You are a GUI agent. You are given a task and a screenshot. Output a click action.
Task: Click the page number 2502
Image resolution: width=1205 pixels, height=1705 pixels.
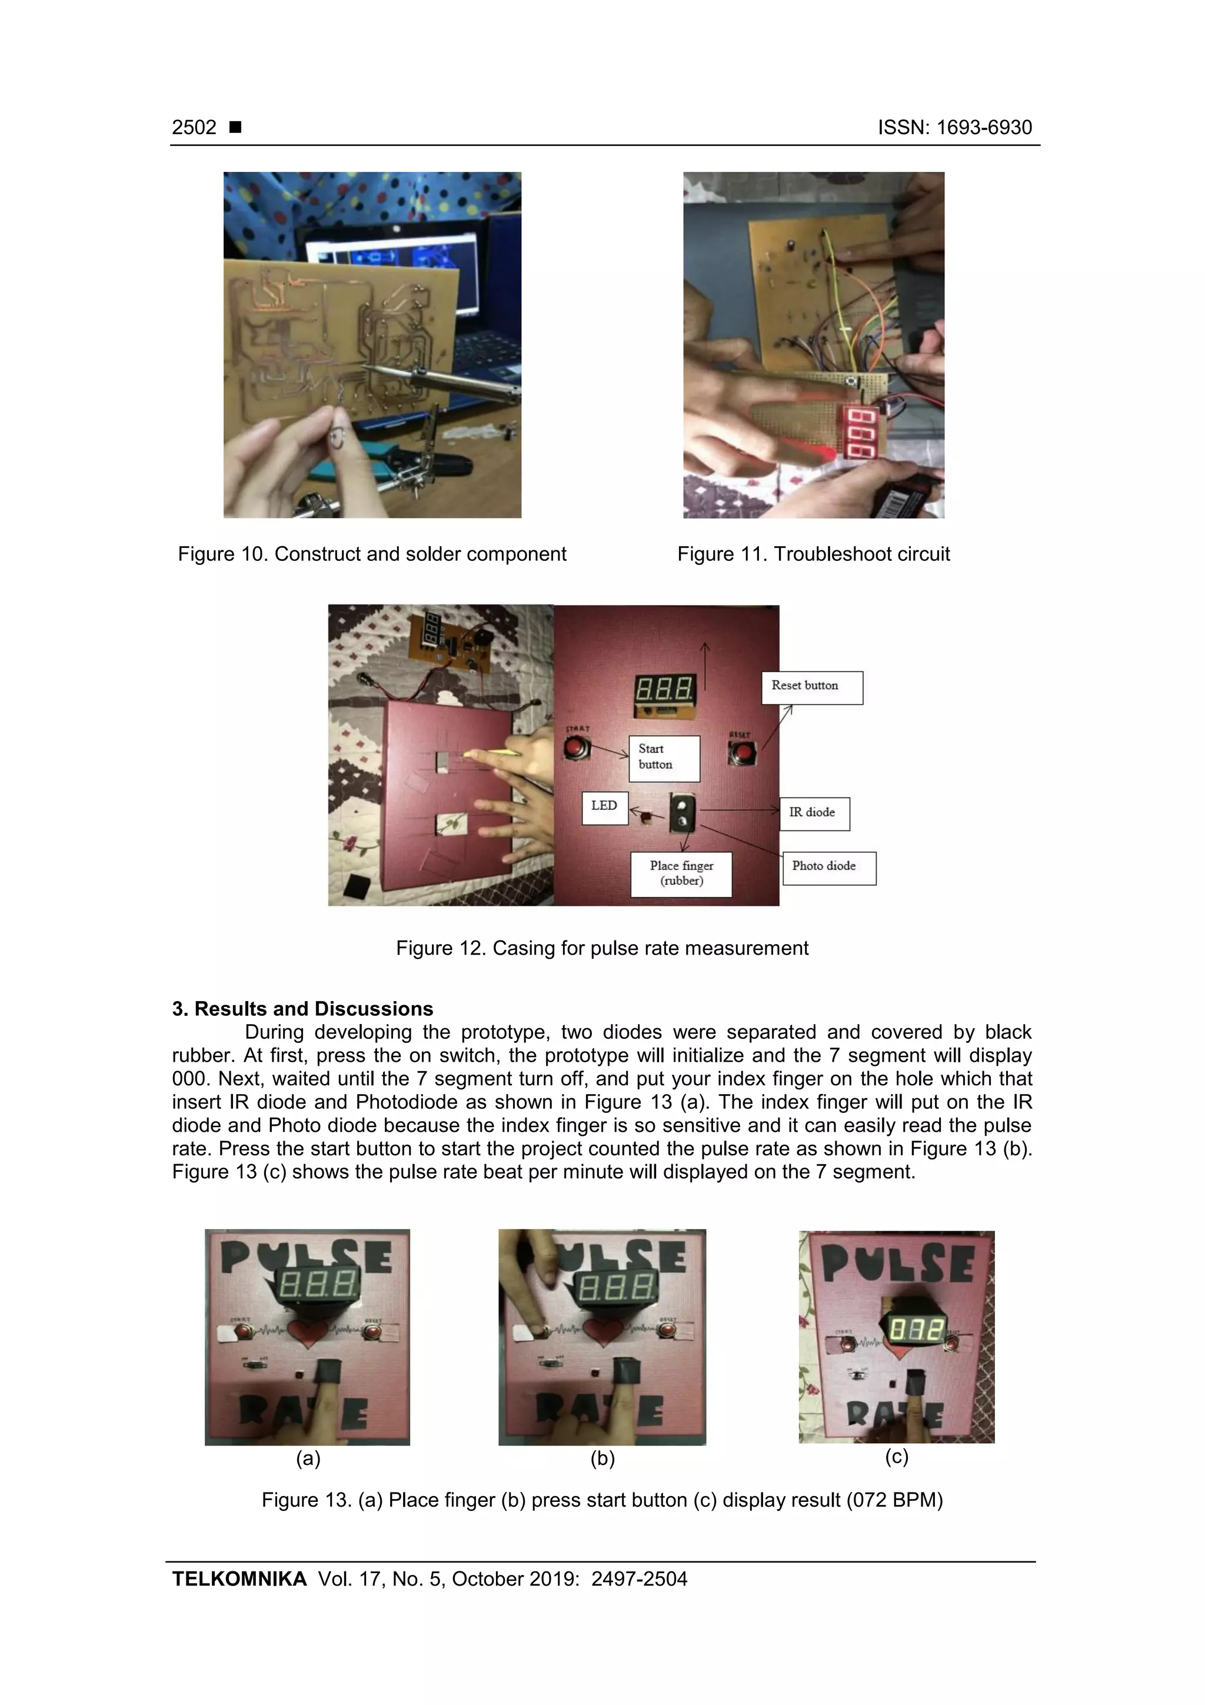194,128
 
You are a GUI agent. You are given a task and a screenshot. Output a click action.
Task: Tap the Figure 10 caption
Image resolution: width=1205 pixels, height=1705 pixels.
371,554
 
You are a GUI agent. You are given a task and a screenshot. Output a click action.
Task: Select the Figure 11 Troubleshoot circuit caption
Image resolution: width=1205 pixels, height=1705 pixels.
813,554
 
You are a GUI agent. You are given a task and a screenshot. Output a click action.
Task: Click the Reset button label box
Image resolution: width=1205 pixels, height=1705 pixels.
811,687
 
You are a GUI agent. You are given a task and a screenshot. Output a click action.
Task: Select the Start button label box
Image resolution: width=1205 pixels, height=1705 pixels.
664,757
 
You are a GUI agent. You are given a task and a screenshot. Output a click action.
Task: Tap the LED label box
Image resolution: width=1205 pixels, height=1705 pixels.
604,807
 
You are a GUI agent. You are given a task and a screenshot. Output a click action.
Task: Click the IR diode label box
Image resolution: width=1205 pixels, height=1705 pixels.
814,813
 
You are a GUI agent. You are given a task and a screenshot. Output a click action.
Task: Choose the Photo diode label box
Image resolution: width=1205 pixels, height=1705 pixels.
828,868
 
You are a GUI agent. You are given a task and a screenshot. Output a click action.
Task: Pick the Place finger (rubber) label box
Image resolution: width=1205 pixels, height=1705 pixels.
681,874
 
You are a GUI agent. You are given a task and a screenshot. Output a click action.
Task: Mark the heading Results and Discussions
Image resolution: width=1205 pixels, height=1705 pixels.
302,1008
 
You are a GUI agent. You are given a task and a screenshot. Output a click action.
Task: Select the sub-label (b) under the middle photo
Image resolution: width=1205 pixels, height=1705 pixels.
602,1458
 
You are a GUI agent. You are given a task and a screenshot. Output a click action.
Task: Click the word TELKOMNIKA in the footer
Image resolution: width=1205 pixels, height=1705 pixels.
239,1579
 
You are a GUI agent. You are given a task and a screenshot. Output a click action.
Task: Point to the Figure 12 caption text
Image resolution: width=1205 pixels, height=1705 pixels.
601,948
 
